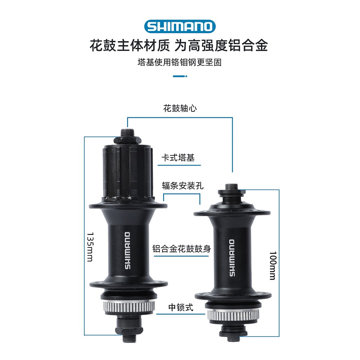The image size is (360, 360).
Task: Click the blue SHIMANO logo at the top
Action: [180, 26]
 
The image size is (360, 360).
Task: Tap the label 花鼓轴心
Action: [180, 108]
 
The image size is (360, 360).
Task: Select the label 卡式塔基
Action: [178, 158]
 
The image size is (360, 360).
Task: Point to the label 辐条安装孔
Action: [182, 186]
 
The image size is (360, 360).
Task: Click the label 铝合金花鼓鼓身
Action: [181, 249]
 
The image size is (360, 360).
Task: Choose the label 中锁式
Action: [181, 308]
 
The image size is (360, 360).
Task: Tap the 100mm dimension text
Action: [272, 265]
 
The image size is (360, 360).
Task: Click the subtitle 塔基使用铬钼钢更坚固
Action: [180, 63]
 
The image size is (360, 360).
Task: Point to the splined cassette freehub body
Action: [128, 173]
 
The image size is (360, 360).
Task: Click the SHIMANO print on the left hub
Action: [127, 250]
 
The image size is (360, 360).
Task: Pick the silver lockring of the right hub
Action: [233, 315]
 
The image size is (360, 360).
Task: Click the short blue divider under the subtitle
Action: [180, 76]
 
